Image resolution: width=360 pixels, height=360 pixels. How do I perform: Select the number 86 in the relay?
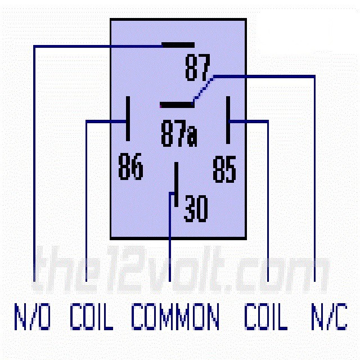[130, 167]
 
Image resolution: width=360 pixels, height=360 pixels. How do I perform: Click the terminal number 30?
[195, 208]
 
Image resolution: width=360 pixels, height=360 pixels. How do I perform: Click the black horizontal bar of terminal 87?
[177, 44]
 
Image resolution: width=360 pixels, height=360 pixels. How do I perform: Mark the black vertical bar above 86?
[128, 119]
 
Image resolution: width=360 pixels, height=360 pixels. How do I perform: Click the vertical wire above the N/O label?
[35, 169]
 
